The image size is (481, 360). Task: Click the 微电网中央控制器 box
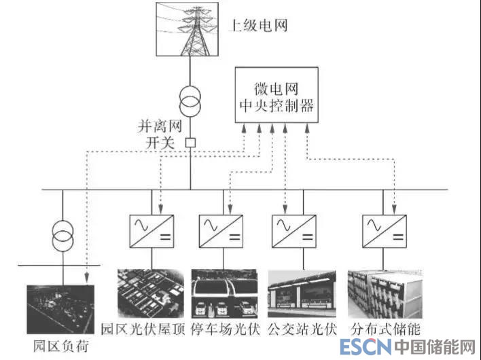277,96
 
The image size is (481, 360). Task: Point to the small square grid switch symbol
191,143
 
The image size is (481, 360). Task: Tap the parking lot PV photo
224,293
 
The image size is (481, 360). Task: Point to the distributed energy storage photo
382,293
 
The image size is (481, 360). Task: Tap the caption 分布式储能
385,329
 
